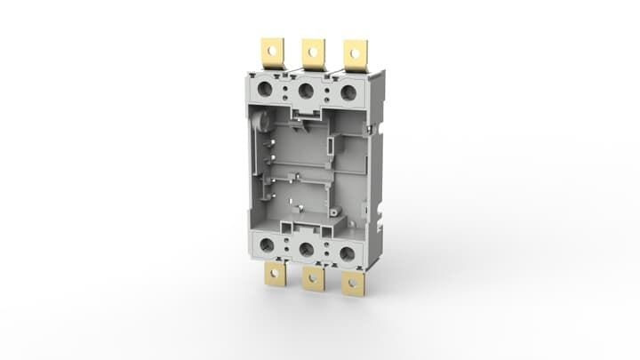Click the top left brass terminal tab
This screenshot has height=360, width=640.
(271, 52)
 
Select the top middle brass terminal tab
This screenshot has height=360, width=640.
(313, 52)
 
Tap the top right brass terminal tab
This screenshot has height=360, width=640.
(355, 54)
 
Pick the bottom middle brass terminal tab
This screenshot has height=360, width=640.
(313, 278)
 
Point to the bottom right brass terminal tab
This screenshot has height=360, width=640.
(353, 283)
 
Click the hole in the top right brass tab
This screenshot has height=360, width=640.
(355, 52)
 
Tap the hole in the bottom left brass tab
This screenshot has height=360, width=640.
(275, 275)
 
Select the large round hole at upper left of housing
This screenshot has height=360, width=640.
(264, 89)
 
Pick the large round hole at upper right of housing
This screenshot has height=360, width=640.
(348, 92)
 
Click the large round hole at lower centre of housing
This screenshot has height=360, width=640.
(306, 250)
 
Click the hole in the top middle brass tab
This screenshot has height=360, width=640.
(313, 51)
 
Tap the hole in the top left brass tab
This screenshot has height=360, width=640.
(271, 49)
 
